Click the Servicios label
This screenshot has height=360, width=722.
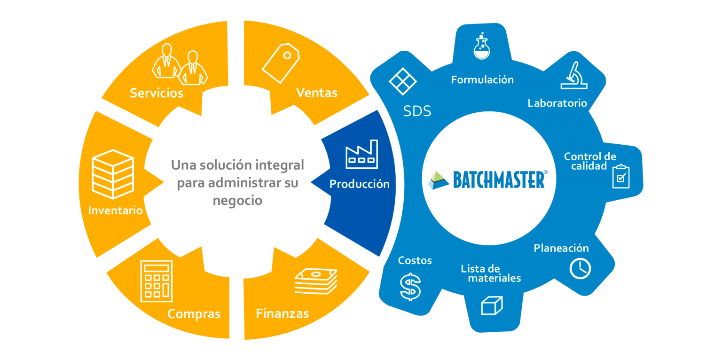point(157,93)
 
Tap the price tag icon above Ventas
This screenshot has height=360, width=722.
point(280,63)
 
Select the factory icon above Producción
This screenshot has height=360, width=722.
point(361,154)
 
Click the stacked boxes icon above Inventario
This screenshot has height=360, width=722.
point(113,174)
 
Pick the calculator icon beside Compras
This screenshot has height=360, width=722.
point(157,281)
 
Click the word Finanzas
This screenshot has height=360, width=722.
point(282,313)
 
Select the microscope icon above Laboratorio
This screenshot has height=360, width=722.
point(574,76)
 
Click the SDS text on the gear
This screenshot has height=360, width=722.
point(417,111)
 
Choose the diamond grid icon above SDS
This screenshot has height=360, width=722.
point(403,81)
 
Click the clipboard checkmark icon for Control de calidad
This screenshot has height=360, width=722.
point(621,176)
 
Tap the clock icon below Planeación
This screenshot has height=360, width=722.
point(580,268)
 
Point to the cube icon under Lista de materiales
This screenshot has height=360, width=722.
point(492,305)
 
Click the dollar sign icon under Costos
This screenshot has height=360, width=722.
point(410,286)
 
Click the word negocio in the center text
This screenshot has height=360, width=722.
point(237,200)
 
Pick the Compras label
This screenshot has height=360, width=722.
point(194,313)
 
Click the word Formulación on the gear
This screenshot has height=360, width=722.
point(482,79)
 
